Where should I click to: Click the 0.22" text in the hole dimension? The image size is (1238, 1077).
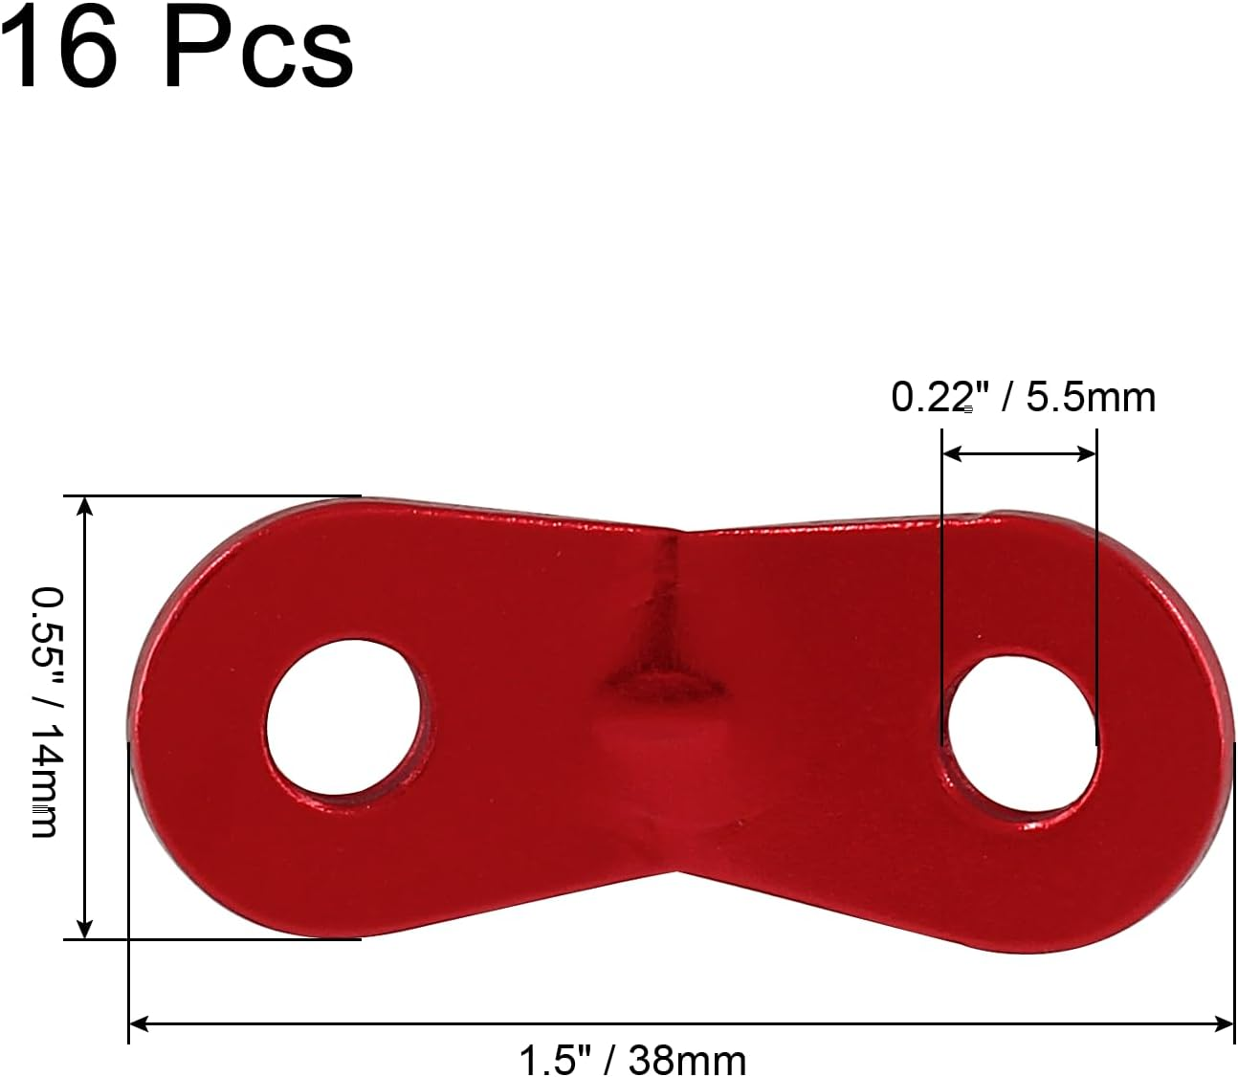pyautogui.click(x=933, y=396)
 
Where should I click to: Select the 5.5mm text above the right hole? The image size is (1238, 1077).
pyautogui.click(x=1091, y=396)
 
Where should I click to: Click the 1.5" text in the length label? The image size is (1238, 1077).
pyautogui.click(x=549, y=1059)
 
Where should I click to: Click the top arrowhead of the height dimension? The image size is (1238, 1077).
pyautogui.click(x=85, y=506)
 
